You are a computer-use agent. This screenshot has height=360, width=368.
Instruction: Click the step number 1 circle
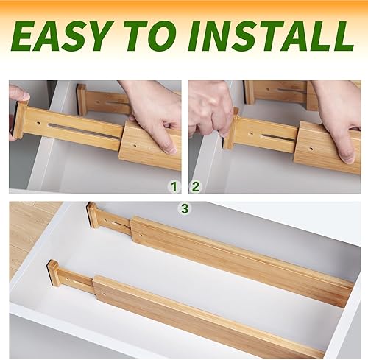(x=174, y=185)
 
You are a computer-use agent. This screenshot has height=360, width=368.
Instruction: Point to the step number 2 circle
(x=196, y=185)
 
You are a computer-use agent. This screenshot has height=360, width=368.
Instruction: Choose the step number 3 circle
(x=185, y=209)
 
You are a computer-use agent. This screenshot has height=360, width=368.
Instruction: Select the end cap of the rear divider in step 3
(x=93, y=214)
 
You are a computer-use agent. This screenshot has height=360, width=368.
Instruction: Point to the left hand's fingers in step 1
(x=18, y=95)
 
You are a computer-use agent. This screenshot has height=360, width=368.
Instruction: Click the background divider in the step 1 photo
(x=103, y=101)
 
